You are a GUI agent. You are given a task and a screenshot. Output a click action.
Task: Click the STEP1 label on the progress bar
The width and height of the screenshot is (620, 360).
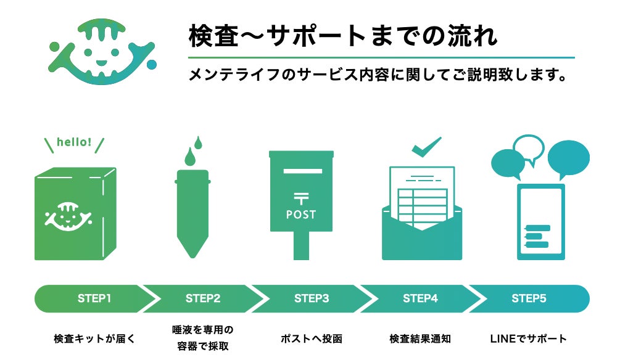tap(94, 298)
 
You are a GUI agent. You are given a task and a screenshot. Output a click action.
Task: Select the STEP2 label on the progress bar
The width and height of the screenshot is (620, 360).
tap(203, 298)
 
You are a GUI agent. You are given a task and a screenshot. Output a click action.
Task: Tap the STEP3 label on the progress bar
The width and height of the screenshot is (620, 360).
tap(312, 298)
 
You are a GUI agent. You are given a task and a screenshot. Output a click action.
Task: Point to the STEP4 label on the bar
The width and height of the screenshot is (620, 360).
tap(420, 298)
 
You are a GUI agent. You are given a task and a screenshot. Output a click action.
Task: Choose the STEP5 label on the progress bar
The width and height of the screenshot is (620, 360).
tap(529, 298)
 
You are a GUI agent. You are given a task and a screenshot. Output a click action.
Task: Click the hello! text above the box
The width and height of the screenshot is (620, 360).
tap(74, 142)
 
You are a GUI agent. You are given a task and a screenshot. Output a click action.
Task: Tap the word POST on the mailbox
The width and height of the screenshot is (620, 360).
tap(301, 215)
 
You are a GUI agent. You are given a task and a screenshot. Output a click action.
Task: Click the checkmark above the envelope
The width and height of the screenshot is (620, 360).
tap(426, 147)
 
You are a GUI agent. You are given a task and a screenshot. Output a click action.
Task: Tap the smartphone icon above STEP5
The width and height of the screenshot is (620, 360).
tap(541, 222)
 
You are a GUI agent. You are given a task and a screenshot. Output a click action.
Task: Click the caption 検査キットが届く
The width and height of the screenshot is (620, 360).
tap(94, 338)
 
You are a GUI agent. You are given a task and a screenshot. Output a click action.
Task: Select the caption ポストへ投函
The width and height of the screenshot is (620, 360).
tap(312, 338)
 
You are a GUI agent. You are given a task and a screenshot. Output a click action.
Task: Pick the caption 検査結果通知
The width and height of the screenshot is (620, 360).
tap(420, 338)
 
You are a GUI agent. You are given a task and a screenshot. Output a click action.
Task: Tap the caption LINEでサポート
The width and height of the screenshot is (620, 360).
tap(529, 338)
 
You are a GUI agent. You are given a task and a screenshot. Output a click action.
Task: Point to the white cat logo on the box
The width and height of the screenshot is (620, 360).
tap(68, 216)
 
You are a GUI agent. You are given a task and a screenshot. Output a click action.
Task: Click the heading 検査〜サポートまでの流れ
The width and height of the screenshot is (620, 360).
tap(342, 36)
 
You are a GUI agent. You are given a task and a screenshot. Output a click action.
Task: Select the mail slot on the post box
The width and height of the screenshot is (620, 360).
tap(302, 171)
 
